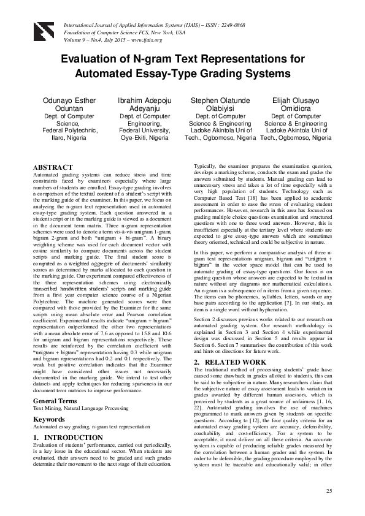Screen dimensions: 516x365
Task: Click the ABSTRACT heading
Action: click(53, 167)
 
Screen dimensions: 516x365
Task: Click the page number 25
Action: click(329, 491)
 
